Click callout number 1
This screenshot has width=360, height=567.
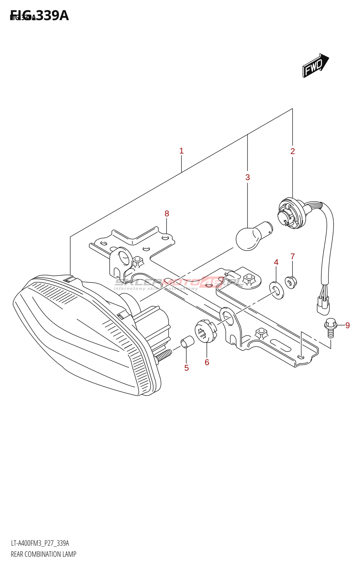pyautogui.click(x=181, y=151)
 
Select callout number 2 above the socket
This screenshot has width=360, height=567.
pyautogui.click(x=293, y=151)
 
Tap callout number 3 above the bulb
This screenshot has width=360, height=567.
pyautogui.click(x=248, y=177)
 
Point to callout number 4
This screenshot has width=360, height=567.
pyautogui.click(x=276, y=262)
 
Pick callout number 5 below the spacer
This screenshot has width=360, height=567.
pyautogui.click(x=186, y=368)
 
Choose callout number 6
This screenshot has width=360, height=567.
pyautogui.click(x=207, y=362)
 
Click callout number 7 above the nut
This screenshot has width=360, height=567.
pyautogui.click(x=293, y=256)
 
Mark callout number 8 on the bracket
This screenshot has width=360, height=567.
pyautogui.click(x=167, y=213)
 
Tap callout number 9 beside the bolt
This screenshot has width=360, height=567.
pyautogui.click(x=348, y=325)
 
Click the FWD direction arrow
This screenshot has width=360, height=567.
pyautogui.click(x=315, y=66)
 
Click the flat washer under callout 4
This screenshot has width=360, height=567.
pyautogui.click(x=277, y=290)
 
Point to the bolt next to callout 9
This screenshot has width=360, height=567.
pyautogui.click(x=330, y=327)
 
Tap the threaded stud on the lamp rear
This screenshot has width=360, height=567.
pyautogui.click(x=163, y=355)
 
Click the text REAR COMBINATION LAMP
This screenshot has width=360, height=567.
pyautogui.click(x=44, y=554)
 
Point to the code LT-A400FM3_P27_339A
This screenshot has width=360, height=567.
pyautogui.click(x=40, y=543)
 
